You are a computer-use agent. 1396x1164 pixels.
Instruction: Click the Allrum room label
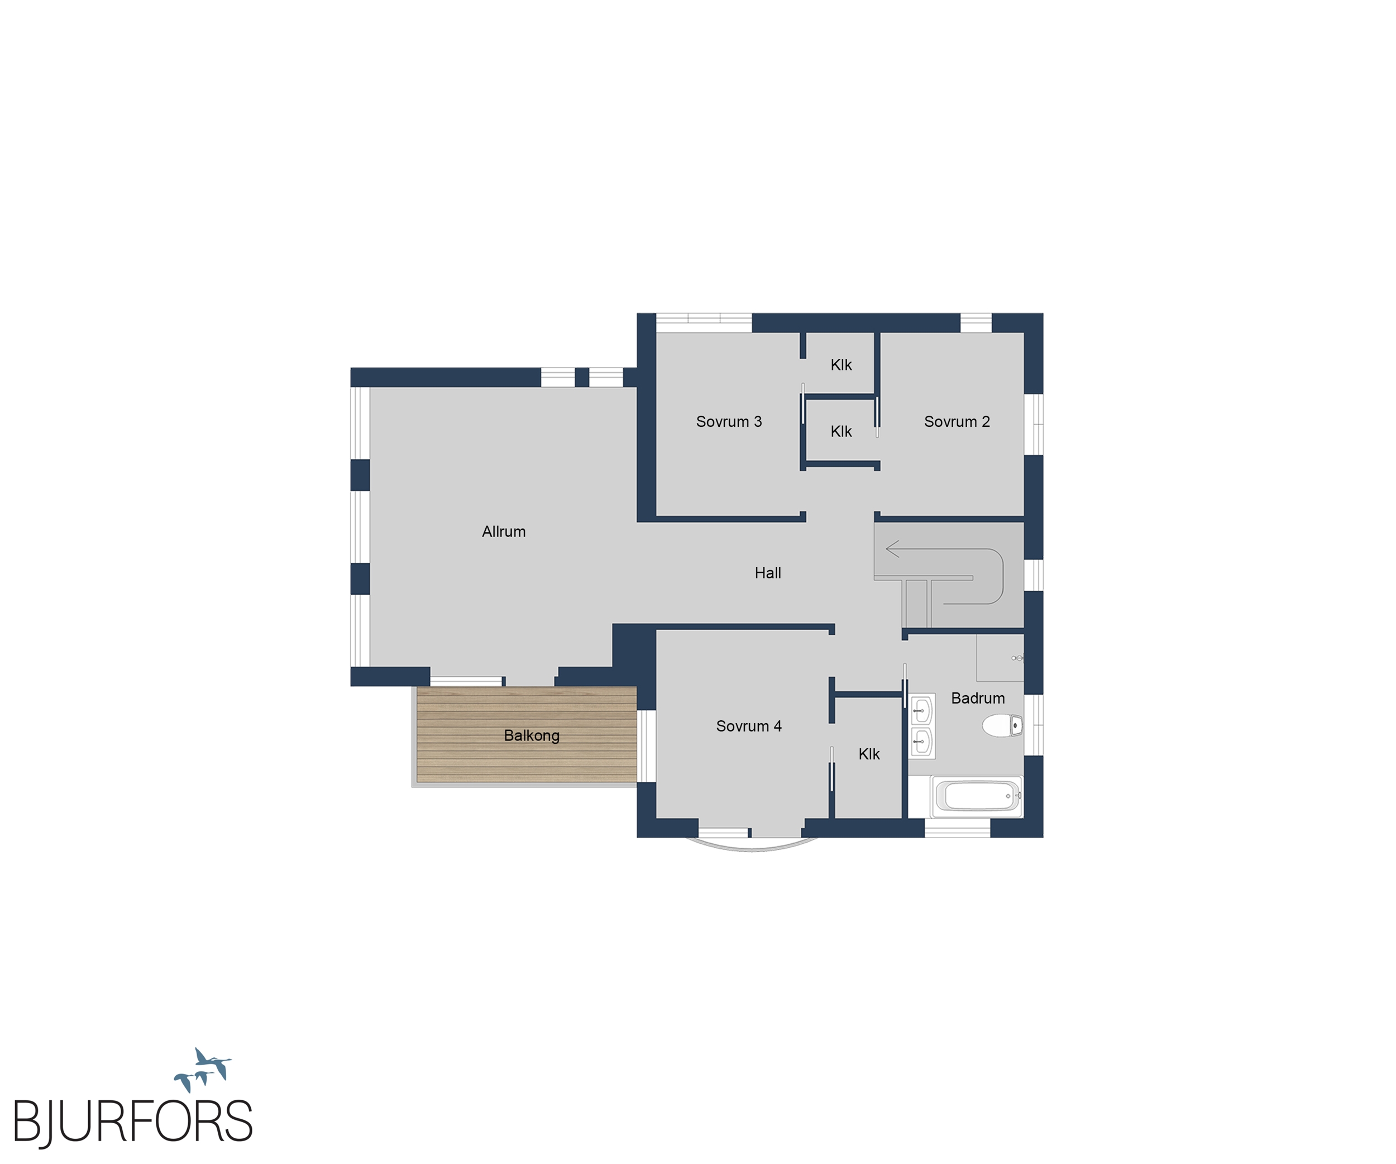503,531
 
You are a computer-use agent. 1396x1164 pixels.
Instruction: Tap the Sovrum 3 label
729,422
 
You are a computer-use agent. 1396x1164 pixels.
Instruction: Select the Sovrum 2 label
957,422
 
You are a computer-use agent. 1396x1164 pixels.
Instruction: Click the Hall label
768,573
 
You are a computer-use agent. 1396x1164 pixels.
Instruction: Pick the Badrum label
978,698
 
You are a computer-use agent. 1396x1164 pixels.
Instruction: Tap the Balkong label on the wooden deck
532,735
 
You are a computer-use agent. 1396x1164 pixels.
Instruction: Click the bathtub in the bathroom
978,796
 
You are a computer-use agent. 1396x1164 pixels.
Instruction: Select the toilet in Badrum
1002,725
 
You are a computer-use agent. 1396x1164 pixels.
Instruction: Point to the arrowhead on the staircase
892,549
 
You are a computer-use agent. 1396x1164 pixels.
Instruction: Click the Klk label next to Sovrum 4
869,754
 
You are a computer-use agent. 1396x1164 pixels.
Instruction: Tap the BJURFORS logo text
133,1122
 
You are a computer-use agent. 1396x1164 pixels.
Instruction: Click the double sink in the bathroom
922,726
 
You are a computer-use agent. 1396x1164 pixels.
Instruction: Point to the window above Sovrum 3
704,322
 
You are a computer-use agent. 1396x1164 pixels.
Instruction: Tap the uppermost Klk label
841,365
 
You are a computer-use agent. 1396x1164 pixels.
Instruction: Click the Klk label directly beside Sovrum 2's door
841,431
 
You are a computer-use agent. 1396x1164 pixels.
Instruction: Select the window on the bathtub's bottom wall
957,828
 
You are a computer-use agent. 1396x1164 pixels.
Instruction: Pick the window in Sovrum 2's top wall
976,322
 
